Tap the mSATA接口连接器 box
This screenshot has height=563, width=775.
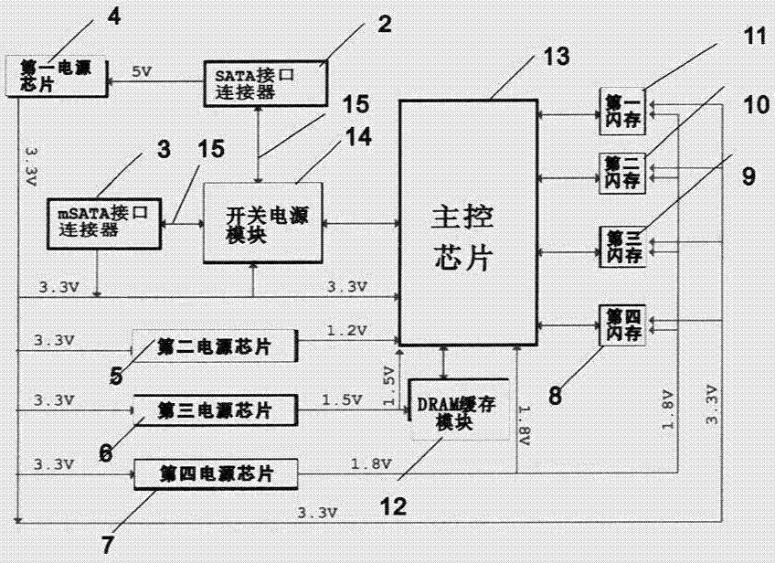tap(104, 220)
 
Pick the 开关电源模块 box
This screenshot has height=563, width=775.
tap(255, 222)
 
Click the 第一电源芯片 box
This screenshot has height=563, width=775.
tap(56, 75)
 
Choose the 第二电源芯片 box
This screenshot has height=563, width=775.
tap(215, 345)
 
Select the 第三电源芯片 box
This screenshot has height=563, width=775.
tap(216, 408)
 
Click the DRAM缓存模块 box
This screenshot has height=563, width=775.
tap(455, 408)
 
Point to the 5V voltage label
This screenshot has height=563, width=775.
tap(143, 70)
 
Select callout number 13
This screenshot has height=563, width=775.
tap(556, 57)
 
